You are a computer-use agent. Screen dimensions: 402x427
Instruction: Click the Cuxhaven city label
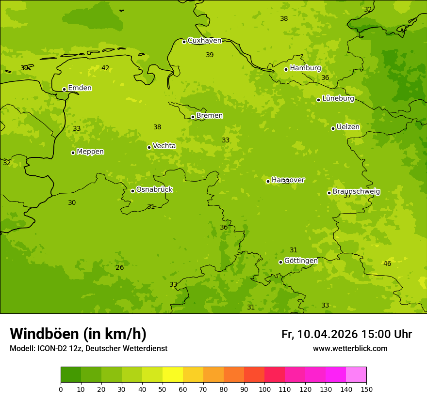[204, 41]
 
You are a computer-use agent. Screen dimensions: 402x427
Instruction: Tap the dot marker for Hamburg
[286, 69]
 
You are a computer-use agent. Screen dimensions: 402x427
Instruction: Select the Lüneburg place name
[338, 99]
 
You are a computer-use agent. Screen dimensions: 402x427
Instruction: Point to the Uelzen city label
[348, 127]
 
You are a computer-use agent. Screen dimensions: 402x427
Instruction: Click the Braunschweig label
[356, 192]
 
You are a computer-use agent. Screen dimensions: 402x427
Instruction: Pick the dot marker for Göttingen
[280, 262]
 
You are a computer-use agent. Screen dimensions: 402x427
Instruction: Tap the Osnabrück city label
[154, 190]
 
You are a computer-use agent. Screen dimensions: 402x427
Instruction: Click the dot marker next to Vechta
[149, 147]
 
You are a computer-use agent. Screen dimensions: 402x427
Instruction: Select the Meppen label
[90, 152]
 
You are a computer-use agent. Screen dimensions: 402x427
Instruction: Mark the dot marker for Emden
[64, 89]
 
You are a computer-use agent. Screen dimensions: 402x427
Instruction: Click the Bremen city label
[210, 116]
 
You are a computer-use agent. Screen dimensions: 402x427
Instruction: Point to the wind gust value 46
[387, 264]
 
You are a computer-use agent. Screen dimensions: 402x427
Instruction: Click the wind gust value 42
[105, 68]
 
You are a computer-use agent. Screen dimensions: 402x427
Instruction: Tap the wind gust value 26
[120, 268]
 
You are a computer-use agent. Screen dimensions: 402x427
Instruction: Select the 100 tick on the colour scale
[264, 389]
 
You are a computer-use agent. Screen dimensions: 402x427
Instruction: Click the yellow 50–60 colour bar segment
[173, 374]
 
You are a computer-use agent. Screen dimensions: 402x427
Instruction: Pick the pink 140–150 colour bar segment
[356, 374]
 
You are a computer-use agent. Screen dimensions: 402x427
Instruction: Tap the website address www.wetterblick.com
[350, 349]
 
